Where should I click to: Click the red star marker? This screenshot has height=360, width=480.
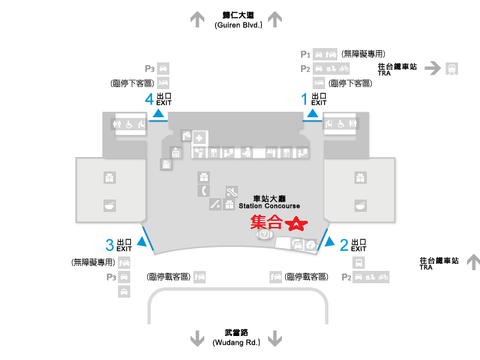pyautogui.click(x=296, y=225)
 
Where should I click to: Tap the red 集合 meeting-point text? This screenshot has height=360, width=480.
pyautogui.click(x=265, y=224)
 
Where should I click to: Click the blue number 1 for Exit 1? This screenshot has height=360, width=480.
pyautogui.click(x=305, y=98)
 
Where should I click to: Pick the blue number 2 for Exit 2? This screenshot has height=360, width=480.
pyautogui.click(x=344, y=244)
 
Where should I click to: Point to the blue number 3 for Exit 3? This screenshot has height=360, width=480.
pyautogui.click(x=108, y=244)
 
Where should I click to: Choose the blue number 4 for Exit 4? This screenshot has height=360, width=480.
pyautogui.click(x=149, y=98)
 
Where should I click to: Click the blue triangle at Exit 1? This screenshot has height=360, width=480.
pyautogui.click(x=312, y=115)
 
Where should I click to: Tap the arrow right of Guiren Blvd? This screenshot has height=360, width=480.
pyautogui.click(x=282, y=17)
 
